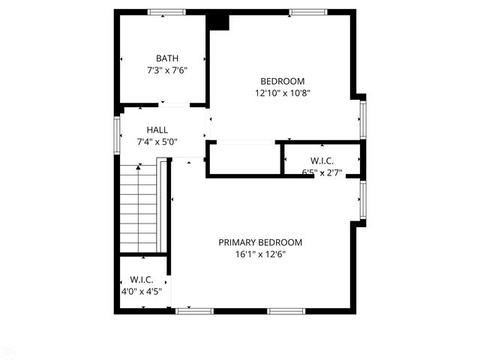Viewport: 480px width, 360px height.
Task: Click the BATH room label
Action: tap(166, 58)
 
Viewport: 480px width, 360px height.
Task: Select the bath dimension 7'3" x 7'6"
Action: tap(166, 70)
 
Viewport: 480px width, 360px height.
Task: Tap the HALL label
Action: tap(157, 130)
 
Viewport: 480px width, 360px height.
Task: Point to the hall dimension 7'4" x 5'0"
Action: tap(157, 141)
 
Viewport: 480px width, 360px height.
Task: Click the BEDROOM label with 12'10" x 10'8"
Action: tap(282, 82)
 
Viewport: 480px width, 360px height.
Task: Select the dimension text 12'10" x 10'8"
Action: tap(282, 93)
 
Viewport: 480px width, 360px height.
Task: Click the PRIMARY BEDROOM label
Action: tap(260, 242)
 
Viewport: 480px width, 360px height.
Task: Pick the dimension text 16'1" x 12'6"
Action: tap(260, 254)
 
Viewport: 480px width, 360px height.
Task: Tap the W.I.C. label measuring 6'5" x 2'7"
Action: tap(322, 160)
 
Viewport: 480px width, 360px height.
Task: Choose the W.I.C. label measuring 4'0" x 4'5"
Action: tap(142, 280)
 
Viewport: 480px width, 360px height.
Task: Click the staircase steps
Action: tap(139, 208)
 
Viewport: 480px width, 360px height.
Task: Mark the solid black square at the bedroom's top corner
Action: tap(218, 20)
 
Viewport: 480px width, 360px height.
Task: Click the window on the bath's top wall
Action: tap(166, 12)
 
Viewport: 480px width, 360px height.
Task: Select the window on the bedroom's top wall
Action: tap(307, 12)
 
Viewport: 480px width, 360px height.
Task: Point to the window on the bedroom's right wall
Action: tap(362, 118)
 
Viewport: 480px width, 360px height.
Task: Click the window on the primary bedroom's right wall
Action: tap(362, 199)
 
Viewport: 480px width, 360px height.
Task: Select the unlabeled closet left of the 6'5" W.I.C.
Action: tap(244, 158)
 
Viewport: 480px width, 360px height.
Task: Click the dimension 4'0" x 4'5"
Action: tap(142, 291)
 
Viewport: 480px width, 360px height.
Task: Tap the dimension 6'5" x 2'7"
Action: tap(322, 172)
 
